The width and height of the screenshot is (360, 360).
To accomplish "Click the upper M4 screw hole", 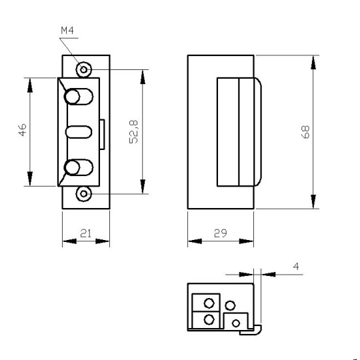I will [x=84, y=69].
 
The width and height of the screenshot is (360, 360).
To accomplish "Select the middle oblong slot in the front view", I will [x=77, y=131].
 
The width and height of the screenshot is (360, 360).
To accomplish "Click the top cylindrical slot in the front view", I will [x=77, y=97].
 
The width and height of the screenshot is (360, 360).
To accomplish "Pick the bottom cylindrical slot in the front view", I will [x=77, y=167].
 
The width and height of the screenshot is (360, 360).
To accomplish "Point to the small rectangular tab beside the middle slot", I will [x=102, y=134].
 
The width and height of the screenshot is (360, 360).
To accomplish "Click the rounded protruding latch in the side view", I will [x=257, y=131].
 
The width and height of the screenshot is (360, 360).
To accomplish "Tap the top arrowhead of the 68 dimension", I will [x=312, y=62].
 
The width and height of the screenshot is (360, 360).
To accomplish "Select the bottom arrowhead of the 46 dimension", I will [x=29, y=180].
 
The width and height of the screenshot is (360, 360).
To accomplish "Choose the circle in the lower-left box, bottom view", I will [x=209, y=319].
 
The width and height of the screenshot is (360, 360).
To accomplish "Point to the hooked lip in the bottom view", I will [x=257, y=328].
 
